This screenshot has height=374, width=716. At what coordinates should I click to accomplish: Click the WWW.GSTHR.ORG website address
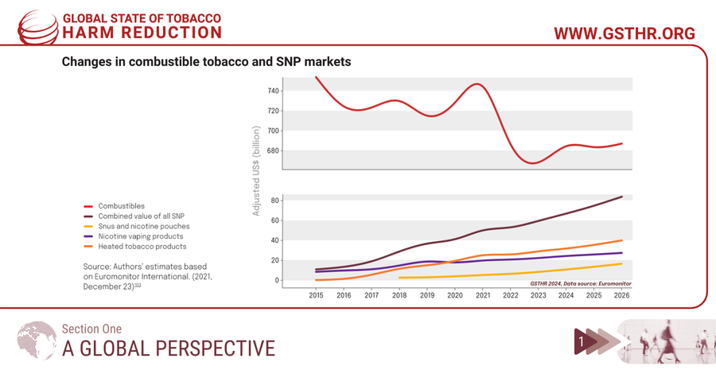coord(624,33)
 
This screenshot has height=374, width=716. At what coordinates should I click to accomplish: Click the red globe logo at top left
coord(37,27)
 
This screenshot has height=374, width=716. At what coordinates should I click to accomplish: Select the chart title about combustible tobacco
coord(206,61)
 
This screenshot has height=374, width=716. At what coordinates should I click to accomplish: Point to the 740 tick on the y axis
coord(273,91)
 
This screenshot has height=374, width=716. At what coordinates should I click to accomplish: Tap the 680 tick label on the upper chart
coord(273,151)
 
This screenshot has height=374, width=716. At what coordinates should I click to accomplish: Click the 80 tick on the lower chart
coord(275,200)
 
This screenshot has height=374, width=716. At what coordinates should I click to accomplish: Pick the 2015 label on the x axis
coord(316,295)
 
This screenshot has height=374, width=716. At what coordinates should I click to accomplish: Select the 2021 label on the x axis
coord(482,295)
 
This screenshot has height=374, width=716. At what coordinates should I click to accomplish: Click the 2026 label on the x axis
coord(621,295)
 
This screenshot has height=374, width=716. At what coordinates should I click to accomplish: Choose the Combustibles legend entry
coord(121,206)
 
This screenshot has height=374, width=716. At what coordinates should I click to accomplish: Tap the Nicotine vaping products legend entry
coord(140,236)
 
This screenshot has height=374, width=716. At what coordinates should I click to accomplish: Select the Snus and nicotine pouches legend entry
coord(143,226)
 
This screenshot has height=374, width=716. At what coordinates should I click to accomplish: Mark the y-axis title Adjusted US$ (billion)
coord(256,171)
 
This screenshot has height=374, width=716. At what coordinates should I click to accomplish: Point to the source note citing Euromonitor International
coord(147,276)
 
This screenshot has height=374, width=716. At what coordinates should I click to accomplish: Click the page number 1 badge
coord(582,341)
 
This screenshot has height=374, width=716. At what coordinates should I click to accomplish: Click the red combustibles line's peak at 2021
coord(477,84)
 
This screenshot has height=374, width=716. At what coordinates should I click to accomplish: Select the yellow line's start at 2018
coord(399,278)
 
